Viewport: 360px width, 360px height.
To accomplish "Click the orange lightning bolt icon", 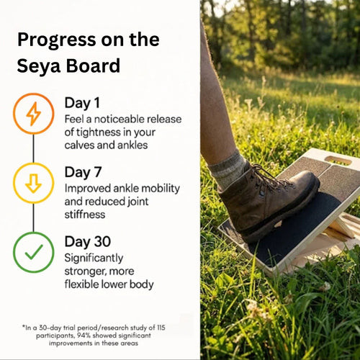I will (x=33, y=114).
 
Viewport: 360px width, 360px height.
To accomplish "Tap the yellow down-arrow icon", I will (x=33, y=184).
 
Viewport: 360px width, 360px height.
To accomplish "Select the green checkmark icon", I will (x=33, y=252).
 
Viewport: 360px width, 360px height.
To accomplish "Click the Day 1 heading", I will (x=83, y=102).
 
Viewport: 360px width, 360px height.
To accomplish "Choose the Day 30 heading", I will (x=88, y=241).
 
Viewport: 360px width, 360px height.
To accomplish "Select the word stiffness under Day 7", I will (x=86, y=214).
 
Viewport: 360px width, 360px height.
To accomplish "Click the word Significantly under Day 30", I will (x=94, y=257).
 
